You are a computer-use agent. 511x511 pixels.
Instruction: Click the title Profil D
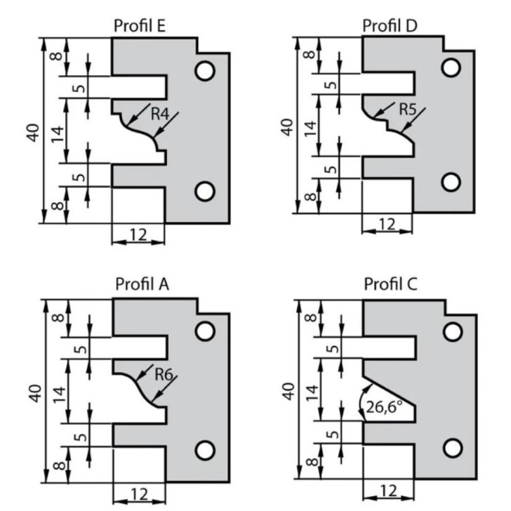tap(390, 26)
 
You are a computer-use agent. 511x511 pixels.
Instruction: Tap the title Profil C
tap(391, 284)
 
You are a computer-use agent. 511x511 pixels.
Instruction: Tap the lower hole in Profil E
tap(205, 190)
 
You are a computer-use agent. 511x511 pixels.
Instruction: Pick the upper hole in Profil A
tap(205, 331)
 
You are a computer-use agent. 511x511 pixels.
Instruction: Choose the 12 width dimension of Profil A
tap(139, 494)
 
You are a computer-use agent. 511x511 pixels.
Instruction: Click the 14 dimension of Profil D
tap(310, 127)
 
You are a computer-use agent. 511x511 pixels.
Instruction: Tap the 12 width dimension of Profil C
tap(387, 489)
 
